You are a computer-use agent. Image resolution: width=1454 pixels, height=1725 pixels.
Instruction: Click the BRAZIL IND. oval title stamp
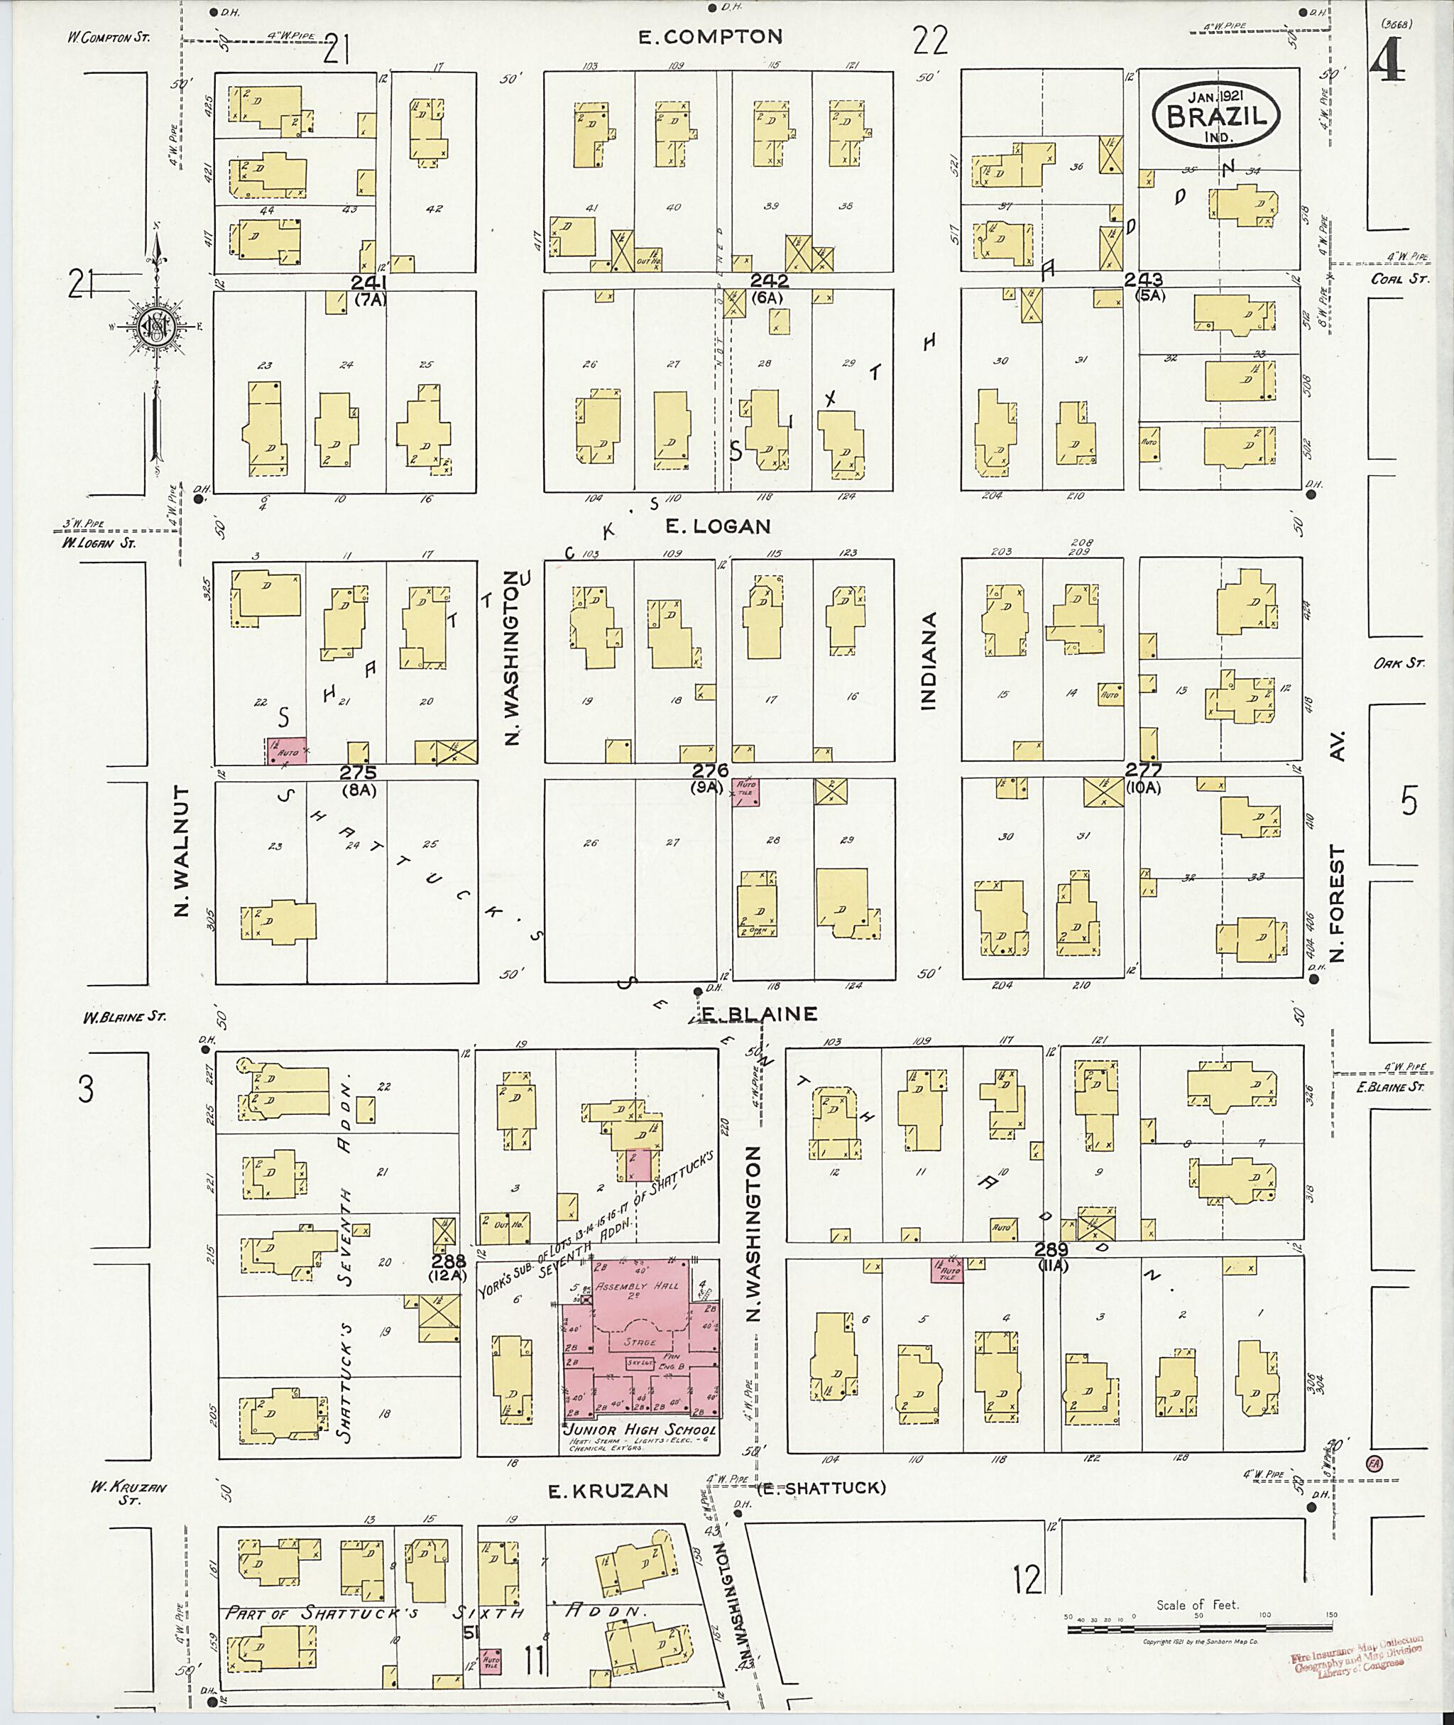[x=1215, y=116]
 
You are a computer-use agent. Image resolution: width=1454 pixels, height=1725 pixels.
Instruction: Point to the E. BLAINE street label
[x=758, y=1013]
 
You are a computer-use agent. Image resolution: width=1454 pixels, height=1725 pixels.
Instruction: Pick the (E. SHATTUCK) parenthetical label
[x=821, y=1488]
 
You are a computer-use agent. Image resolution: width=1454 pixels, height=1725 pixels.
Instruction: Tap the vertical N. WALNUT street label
[x=182, y=850]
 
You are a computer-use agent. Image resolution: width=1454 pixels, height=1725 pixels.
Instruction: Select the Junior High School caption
[x=640, y=1432]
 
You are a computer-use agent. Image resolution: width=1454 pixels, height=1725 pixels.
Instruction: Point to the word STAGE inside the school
[x=639, y=1342]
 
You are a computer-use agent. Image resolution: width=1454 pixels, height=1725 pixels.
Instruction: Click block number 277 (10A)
[x=1143, y=776]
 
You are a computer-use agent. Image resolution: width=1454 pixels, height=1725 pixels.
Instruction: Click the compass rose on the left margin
[x=154, y=327]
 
